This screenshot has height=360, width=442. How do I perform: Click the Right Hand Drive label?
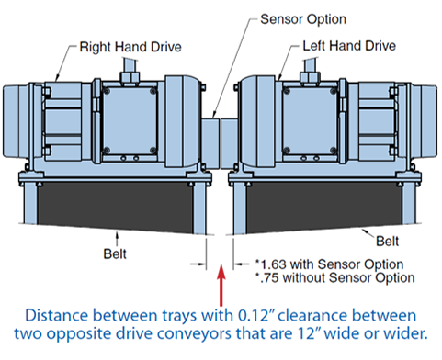[x=130, y=47]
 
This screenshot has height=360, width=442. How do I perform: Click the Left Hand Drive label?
[x=349, y=46]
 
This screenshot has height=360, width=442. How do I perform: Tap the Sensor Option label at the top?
[x=303, y=19]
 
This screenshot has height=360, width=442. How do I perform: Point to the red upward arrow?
[x=221, y=285]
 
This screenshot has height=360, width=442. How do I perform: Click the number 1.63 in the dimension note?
[x=273, y=264]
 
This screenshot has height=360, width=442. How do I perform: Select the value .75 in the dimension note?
[x=269, y=278]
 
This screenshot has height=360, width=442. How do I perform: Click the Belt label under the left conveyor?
[x=115, y=253]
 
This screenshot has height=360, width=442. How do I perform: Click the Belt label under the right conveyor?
[x=387, y=242]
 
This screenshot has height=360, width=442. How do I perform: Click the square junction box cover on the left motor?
[x=130, y=120]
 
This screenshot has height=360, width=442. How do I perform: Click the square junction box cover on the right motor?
[x=310, y=120]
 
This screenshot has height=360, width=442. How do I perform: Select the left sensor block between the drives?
[x=210, y=144]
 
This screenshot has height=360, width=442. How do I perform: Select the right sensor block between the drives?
[x=230, y=144]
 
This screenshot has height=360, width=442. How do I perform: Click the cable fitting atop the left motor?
[x=130, y=76]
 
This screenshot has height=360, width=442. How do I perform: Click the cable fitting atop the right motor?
[x=310, y=76]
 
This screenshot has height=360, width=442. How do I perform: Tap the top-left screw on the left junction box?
[x=107, y=91]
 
